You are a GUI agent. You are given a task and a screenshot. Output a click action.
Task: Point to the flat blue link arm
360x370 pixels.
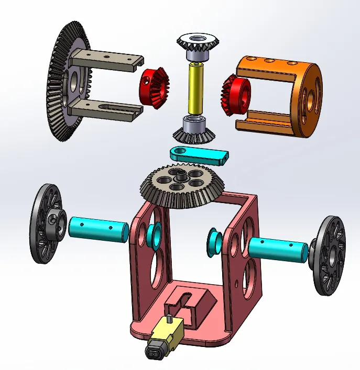click(199, 155)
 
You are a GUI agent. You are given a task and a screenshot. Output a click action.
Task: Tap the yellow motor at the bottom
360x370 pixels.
click(165, 337)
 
